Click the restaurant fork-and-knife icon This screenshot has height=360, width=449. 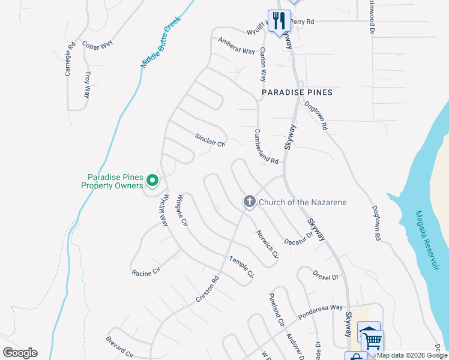[279, 21]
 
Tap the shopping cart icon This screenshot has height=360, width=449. [372, 340]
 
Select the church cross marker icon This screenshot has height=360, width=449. [250, 202]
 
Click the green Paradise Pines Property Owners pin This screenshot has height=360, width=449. [152, 180]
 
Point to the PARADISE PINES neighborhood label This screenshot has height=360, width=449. [297, 93]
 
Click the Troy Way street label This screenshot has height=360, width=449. [88, 85]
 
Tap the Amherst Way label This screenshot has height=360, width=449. [237, 46]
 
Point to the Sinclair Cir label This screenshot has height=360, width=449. [209, 140]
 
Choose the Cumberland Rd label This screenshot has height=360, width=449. [267, 147]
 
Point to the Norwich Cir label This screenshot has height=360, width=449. [268, 244]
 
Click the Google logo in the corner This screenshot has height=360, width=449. [20, 353]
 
